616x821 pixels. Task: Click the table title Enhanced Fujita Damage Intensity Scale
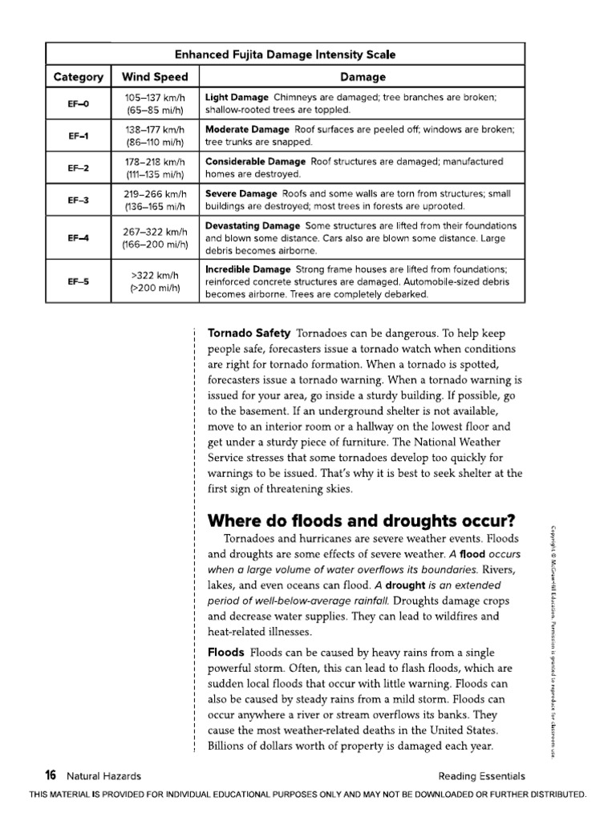286,55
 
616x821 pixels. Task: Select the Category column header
79,77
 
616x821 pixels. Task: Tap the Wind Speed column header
155,77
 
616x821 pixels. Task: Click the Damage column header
363,77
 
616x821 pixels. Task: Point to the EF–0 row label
79,104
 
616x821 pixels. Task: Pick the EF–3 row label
79,200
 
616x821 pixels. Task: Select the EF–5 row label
79,281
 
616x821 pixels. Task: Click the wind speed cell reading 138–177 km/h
155,129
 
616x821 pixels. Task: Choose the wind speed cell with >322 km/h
155,274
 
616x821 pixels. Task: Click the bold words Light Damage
237,97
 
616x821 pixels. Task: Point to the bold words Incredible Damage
248,269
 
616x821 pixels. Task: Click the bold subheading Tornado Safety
249,333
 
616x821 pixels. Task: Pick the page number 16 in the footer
51,775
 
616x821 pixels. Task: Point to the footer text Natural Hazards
104,776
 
